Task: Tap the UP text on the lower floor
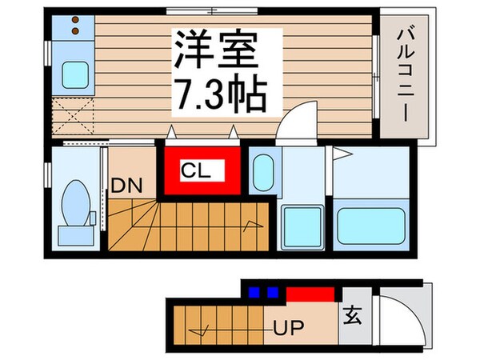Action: [292, 326]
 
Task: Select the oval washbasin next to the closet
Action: [262, 170]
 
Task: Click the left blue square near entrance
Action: [255, 291]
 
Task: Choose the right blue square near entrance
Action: [272, 291]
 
